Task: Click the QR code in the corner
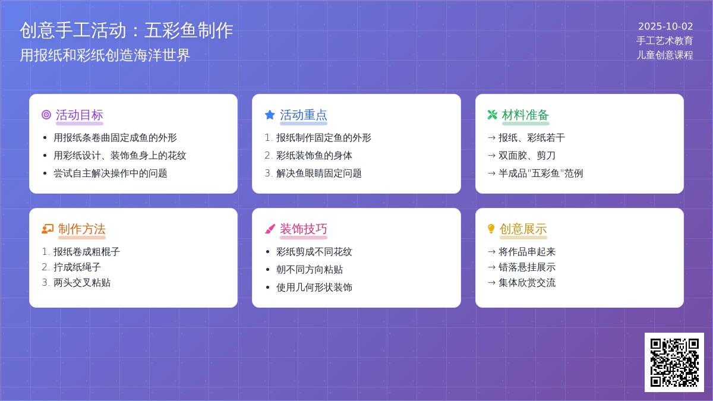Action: tap(674, 362)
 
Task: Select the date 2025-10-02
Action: tap(665, 26)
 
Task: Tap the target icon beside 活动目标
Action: tap(46, 115)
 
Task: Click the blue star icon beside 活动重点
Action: tap(270, 115)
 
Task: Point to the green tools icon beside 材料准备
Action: tap(493, 115)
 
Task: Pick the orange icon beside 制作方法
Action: tap(48, 229)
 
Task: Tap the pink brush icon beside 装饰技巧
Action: tap(270, 229)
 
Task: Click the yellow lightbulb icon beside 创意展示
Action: tap(491, 229)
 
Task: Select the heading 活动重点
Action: tap(304, 115)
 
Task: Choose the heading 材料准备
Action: tap(525, 115)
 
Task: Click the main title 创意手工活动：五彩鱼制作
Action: tap(127, 30)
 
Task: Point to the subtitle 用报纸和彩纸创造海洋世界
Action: tap(105, 55)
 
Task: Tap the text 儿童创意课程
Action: tap(665, 55)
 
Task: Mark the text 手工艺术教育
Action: tap(665, 41)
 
